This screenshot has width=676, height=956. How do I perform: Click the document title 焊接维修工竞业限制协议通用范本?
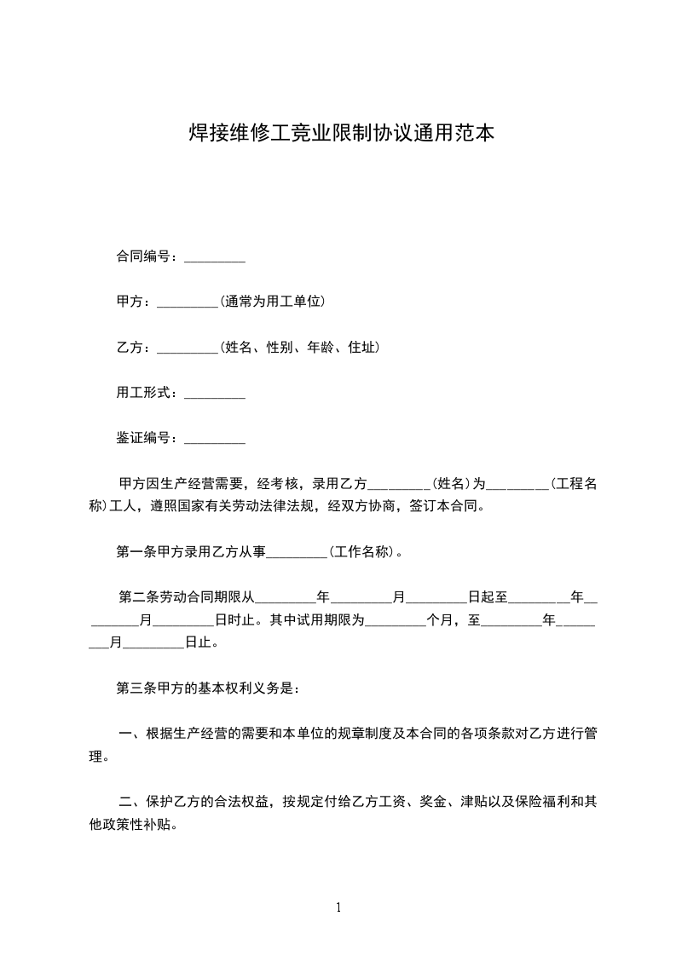341,135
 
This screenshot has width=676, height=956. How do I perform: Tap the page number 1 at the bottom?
338,907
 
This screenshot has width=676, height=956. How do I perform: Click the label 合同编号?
146,256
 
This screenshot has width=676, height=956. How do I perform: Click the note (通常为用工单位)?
272,302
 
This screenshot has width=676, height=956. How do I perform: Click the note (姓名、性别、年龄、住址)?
299,348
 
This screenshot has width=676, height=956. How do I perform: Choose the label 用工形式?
146,393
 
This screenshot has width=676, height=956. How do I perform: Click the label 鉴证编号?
146,438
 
